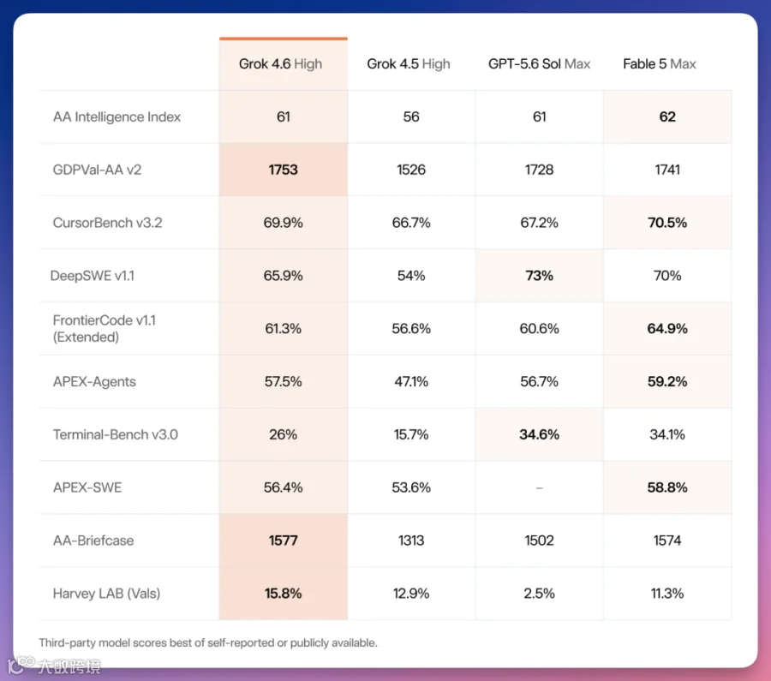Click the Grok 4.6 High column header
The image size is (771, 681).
(x=280, y=64)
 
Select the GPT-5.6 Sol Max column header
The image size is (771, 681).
(x=539, y=64)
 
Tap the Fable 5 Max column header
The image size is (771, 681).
(x=660, y=64)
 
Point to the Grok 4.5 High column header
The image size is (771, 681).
(x=408, y=64)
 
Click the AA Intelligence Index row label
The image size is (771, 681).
(x=117, y=117)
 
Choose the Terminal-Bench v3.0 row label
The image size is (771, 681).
(x=116, y=434)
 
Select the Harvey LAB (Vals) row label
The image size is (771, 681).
(x=107, y=594)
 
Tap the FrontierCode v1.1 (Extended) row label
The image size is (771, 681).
(x=105, y=328)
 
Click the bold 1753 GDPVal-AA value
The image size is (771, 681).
(x=284, y=170)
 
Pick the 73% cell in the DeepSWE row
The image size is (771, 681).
(x=540, y=276)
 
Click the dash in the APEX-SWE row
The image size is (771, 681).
(x=540, y=487)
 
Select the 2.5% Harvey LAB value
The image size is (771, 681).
(x=539, y=594)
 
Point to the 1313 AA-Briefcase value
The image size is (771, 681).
(x=411, y=541)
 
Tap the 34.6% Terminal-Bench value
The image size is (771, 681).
(x=540, y=434)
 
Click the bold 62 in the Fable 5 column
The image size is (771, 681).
(x=667, y=117)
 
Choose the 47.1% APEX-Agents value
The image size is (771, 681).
(x=411, y=381)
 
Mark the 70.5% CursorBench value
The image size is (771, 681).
(x=667, y=223)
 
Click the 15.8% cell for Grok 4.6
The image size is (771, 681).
(x=284, y=594)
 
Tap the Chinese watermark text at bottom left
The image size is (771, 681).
(x=69, y=666)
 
